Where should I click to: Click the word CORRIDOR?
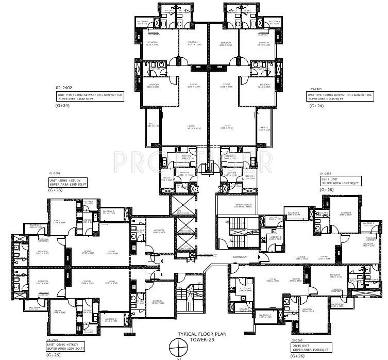tap(240, 256)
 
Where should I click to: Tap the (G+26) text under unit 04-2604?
tap(327, 190)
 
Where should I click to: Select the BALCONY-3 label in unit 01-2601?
tap(108, 212)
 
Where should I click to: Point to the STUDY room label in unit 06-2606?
tap(59, 311)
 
